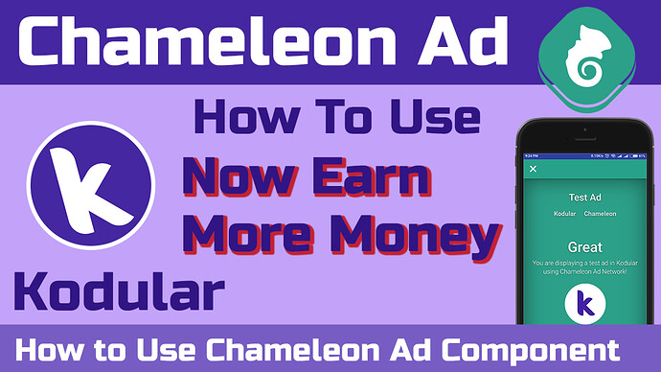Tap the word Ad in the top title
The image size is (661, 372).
pyautogui.click(x=444, y=42)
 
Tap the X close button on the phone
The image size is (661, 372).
pyautogui.click(x=534, y=170)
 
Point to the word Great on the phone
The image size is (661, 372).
pyautogui.click(x=584, y=246)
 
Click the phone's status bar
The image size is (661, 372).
pyautogui.click(x=584, y=154)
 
